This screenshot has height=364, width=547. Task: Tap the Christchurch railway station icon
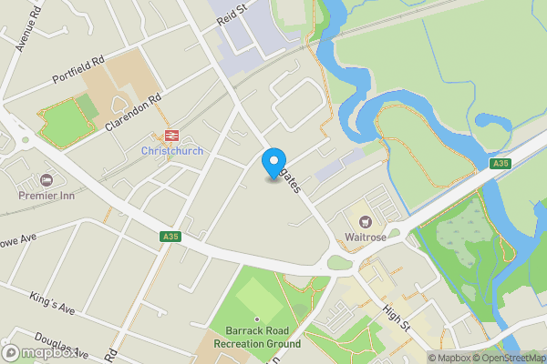[x=171, y=136]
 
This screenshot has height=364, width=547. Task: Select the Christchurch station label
[x=171, y=151]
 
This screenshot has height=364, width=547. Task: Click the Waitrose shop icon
[x=366, y=221]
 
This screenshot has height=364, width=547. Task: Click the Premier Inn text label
[x=46, y=195]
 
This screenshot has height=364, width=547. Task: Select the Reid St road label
[x=232, y=14]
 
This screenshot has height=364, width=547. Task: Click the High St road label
[x=398, y=317]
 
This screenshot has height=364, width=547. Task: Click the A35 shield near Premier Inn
[x=169, y=236]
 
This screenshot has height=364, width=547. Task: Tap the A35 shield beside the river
[x=499, y=163]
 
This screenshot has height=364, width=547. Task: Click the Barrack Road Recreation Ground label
[x=257, y=338]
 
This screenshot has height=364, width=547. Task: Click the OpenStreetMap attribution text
[x=510, y=358]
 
